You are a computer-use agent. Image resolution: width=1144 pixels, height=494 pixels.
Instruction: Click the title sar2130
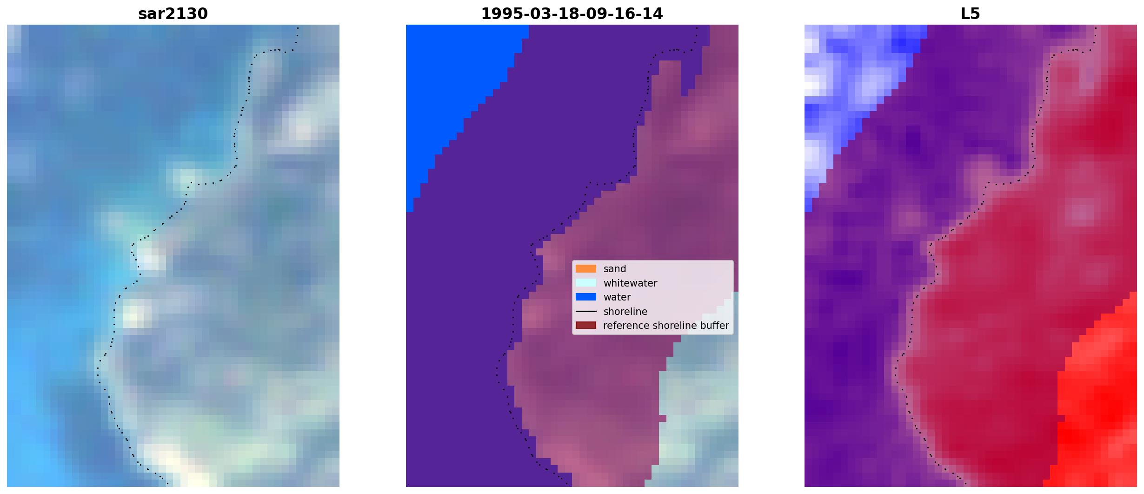pos(173,13)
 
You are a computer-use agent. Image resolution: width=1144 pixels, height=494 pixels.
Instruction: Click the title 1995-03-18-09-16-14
pos(572,13)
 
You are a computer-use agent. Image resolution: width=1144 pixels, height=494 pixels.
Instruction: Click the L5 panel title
pos(971,13)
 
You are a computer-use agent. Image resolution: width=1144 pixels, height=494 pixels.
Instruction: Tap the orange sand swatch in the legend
pos(586,269)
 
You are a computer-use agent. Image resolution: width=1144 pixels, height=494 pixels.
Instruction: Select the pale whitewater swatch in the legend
pos(586,283)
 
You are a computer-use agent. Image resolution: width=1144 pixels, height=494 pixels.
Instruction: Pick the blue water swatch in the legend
pos(586,297)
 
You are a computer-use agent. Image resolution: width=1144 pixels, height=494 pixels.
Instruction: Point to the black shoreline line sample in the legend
pos(586,311)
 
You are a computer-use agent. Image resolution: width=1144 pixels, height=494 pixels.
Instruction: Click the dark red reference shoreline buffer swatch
pos(586,325)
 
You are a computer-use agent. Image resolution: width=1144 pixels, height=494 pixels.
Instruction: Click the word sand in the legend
pos(615,269)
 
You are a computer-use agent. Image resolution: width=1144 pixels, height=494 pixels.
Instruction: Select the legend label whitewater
pos(630,283)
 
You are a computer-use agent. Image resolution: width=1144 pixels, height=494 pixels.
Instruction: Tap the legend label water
pos(617,297)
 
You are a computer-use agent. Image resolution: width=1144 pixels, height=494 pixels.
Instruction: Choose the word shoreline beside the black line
pos(625,311)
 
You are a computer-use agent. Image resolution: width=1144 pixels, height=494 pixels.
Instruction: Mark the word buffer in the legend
pos(715,326)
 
